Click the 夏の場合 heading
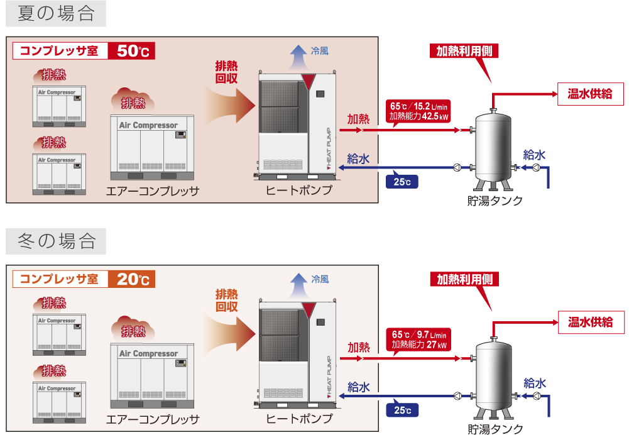click(55, 13)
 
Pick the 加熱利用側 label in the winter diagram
click(464, 279)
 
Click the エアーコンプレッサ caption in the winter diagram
click(153, 419)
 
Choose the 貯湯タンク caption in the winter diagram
click(495, 428)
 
